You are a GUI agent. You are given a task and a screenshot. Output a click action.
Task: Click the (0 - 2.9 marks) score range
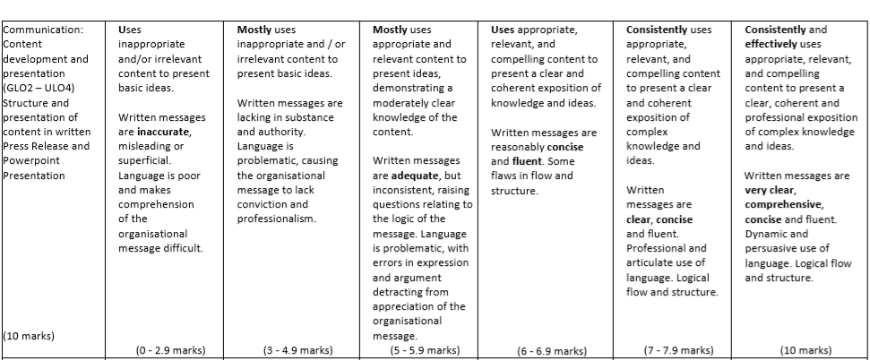pyautogui.click(x=169, y=350)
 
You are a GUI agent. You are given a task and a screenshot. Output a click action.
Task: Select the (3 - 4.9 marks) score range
pyautogui.click(x=297, y=350)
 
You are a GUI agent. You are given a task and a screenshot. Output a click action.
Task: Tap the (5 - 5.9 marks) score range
pyautogui.click(x=426, y=350)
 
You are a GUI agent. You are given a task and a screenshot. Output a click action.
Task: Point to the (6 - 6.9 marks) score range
pyautogui.click(x=551, y=351)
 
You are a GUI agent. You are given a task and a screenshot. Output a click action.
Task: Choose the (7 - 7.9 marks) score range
pyautogui.click(x=678, y=350)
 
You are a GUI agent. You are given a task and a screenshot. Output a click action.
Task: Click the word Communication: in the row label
pyautogui.click(x=43, y=30)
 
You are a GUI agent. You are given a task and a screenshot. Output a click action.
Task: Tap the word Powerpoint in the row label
pyautogui.click(x=30, y=160)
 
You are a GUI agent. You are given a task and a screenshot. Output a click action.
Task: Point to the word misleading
pyautogui.click(x=143, y=146)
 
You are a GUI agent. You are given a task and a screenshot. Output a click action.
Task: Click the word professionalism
pyautogui.click(x=276, y=219)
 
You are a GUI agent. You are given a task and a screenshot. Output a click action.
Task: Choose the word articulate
pyautogui.click(x=649, y=262)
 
